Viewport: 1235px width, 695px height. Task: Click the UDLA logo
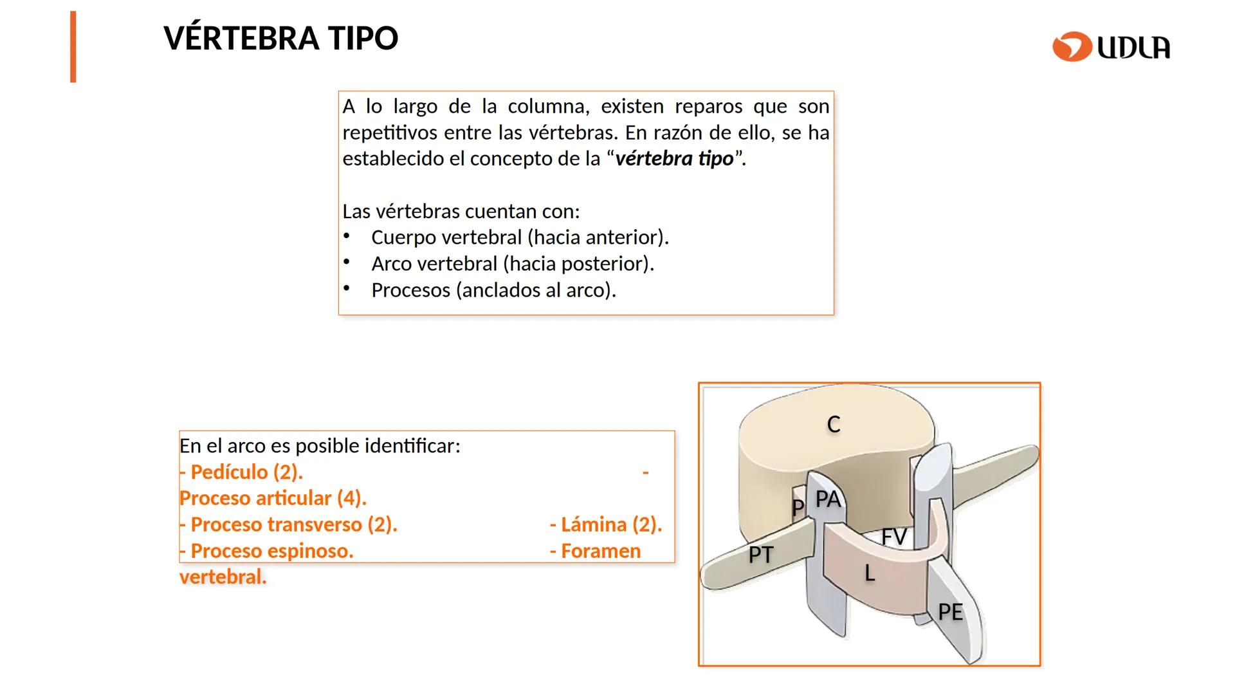(x=1111, y=47)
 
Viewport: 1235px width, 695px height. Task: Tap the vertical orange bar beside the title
(x=73, y=47)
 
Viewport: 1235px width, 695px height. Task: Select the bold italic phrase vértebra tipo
(x=674, y=159)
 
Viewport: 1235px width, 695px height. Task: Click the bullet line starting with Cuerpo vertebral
(x=520, y=237)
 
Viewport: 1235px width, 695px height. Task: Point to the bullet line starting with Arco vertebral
(x=512, y=264)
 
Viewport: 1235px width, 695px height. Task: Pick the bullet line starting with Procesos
(x=493, y=290)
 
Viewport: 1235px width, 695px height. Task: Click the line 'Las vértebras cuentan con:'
(x=461, y=211)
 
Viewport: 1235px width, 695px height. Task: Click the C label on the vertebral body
(x=834, y=425)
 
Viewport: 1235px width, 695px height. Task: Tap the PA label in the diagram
(x=828, y=499)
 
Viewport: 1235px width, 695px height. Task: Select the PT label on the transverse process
(x=760, y=555)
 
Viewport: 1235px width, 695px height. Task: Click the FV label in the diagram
(x=893, y=537)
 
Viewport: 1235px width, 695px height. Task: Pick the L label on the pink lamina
(x=869, y=573)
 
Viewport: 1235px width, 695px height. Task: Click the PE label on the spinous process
(x=950, y=612)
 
